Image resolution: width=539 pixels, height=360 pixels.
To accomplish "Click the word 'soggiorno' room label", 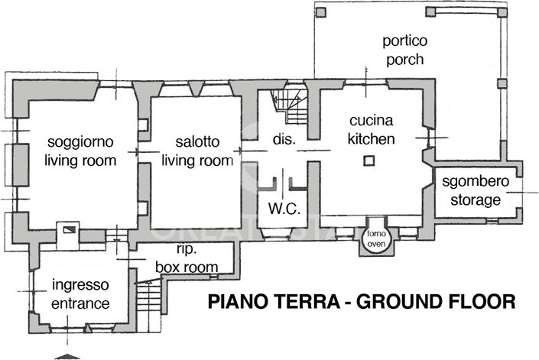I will coord(80,142).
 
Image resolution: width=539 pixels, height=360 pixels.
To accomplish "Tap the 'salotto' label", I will coord(197,142).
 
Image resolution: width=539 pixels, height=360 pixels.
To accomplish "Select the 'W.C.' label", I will coord(282,209).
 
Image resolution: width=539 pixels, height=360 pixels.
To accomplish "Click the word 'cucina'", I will coord(372,121).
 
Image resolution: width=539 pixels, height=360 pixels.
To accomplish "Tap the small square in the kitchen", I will coord(369,161).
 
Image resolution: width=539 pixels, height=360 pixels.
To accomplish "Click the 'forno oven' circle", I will coord(375,238).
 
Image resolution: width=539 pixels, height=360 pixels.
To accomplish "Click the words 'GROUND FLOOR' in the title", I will coord(435,302).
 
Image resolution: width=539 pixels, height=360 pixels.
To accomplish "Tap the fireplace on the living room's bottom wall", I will coord(70,229).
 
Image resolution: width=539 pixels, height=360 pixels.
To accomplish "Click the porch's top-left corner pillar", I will coord(320,12).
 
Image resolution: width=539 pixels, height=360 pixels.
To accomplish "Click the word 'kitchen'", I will coord(372,139).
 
